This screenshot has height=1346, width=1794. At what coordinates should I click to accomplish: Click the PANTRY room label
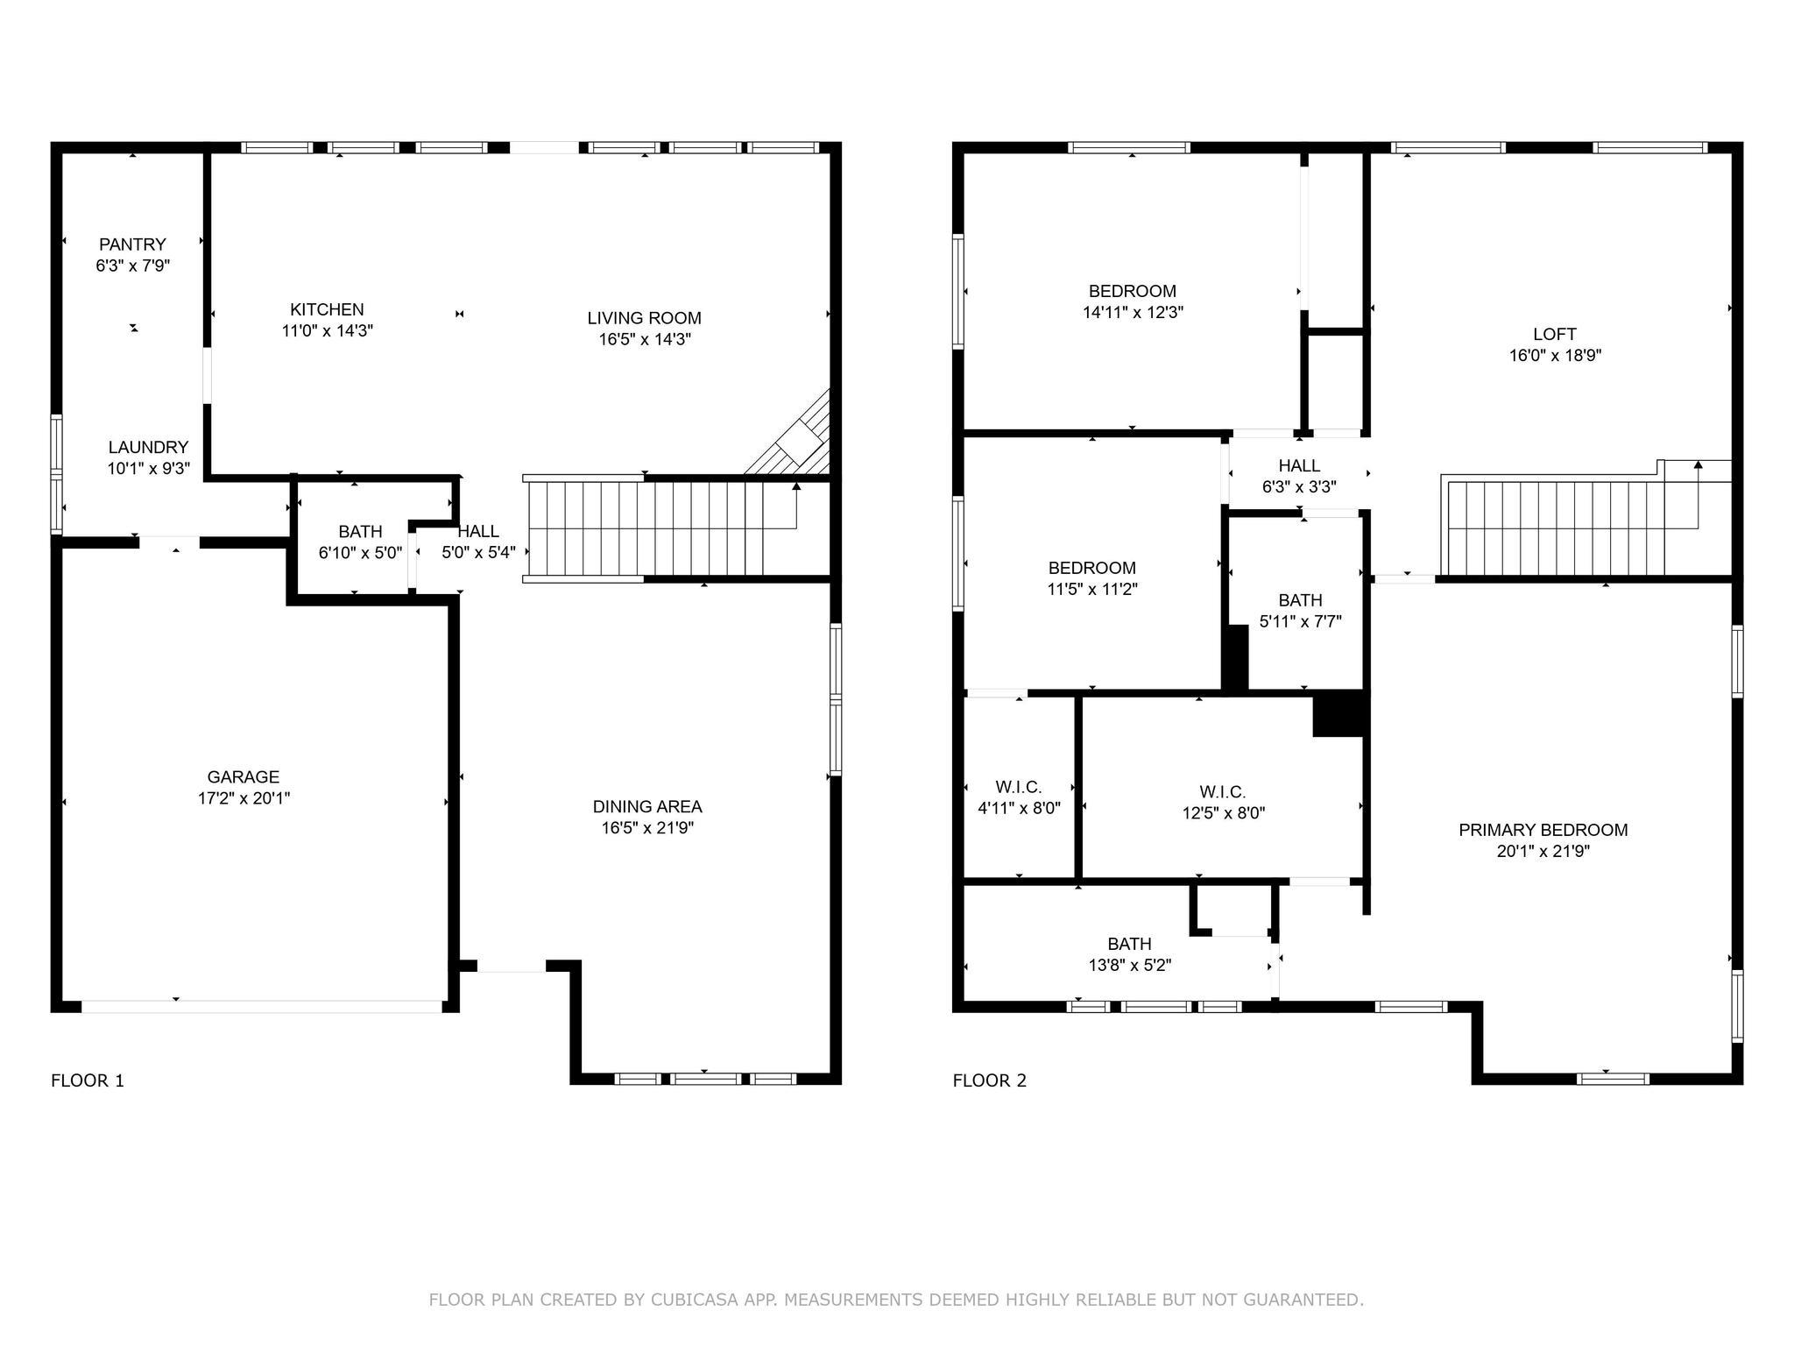point(132,244)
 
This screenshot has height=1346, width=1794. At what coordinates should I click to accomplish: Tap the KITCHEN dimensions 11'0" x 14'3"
point(327,331)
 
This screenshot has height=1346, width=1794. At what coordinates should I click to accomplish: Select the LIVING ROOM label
point(644,318)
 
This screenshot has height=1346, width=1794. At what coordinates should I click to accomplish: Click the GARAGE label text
point(244,776)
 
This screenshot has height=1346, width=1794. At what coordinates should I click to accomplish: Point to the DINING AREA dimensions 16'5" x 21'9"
point(647,828)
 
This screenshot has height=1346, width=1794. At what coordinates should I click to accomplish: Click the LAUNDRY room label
point(148,447)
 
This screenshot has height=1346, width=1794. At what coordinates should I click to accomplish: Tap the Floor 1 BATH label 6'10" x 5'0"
point(360,542)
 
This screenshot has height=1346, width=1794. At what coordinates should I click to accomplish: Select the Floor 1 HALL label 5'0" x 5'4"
point(478,542)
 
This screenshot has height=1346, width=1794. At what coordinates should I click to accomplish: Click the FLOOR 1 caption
point(88,1080)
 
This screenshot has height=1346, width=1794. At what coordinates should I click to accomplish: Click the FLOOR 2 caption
point(989,1080)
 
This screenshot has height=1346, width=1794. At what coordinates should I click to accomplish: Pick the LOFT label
point(1554,334)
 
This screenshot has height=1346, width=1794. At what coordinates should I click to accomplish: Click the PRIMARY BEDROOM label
point(1543,830)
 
